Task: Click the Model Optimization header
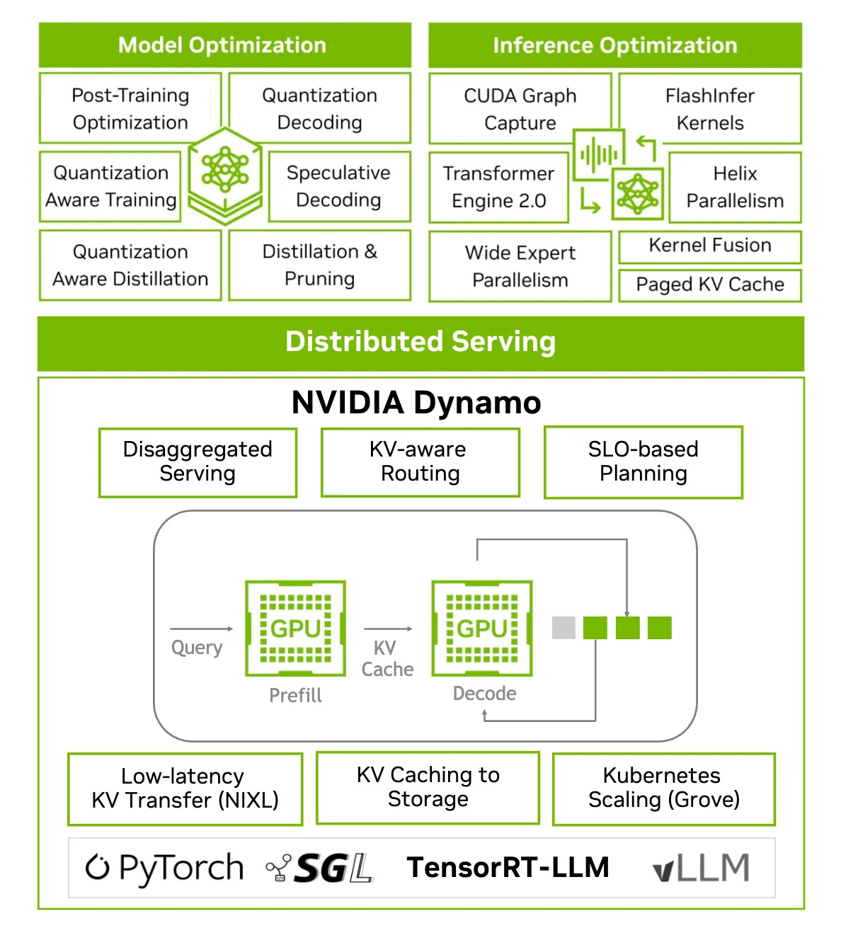[224, 45]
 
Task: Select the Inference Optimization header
[615, 45]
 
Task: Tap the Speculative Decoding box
[339, 187]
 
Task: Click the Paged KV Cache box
[710, 285]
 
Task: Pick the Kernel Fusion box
[710, 246]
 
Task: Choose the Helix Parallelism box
[736, 188]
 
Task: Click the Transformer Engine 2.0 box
[499, 188]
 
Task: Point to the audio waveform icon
[599, 154]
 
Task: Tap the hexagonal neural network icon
[226, 176]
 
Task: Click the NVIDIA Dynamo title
[416, 402]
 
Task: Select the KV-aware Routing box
[420, 462]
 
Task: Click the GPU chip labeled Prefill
[296, 629]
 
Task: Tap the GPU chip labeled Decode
[482, 629]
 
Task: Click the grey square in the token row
[563, 628]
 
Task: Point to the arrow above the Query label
[202, 629]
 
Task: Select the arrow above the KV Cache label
[389, 629]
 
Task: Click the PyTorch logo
[165, 869]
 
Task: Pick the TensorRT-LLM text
[508, 868]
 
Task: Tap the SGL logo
[319, 868]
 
